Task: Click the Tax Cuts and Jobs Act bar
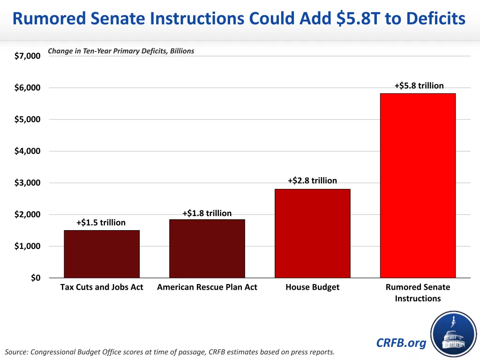point(102,254)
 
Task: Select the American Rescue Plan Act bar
point(207,248)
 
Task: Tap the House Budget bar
point(312,233)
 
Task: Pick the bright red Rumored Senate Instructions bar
point(418,185)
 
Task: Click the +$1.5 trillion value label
point(101,223)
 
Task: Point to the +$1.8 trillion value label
point(207,213)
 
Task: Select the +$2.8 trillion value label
point(312,180)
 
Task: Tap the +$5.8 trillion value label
point(419,85)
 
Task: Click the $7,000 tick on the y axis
point(27,56)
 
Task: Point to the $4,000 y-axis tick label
point(27,151)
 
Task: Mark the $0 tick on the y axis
point(36,278)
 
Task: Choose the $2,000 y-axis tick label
point(27,215)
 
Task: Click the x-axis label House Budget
point(312,287)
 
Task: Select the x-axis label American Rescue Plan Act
point(207,287)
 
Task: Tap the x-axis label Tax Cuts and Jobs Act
point(102,287)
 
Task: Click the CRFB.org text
point(401,343)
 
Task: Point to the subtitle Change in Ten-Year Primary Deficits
point(121,51)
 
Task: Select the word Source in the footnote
point(15,352)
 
